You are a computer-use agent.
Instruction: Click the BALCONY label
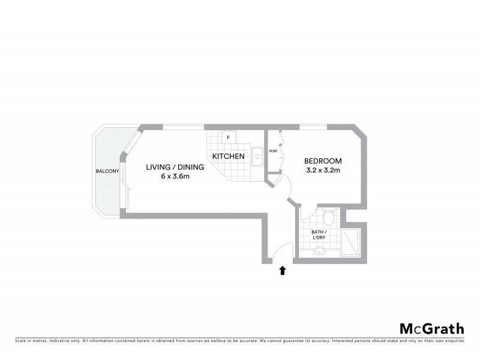[108, 172]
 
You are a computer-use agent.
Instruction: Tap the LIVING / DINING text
[175, 167]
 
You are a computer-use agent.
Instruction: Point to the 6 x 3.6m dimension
[175, 176]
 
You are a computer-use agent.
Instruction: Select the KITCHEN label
[228, 157]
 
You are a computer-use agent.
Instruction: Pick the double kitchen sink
[257, 157]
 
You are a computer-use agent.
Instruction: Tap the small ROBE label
[272, 151]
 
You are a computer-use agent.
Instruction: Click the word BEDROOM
[323, 161]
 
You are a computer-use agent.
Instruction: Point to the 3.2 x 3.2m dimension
[323, 170]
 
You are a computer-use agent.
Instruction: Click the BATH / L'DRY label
[319, 235]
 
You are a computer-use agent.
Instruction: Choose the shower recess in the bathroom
[350, 243]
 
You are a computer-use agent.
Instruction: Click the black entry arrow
[283, 271]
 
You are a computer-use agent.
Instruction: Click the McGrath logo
[431, 328]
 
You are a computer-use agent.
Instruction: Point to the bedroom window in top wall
[313, 127]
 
